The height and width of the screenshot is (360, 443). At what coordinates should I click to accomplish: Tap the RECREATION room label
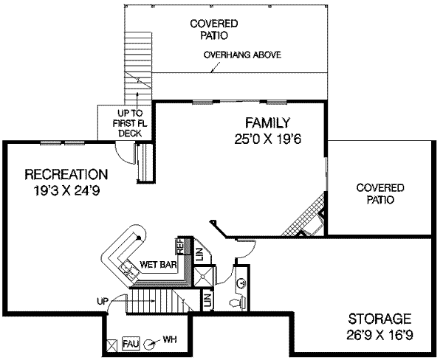[66, 175]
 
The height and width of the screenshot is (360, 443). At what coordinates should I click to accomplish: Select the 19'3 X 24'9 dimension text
[66, 190]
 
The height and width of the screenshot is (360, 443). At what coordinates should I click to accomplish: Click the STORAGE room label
[379, 319]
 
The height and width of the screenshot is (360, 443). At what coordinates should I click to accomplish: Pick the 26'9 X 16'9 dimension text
[379, 334]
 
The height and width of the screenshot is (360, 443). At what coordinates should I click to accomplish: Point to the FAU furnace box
[131, 342]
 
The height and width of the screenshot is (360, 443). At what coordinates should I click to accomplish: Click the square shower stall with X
[202, 276]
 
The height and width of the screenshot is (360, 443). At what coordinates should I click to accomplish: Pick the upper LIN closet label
[199, 253]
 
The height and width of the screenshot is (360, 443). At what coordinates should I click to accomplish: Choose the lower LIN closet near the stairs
[207, 300]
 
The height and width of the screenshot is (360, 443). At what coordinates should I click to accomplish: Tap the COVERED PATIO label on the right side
[375, 193]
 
